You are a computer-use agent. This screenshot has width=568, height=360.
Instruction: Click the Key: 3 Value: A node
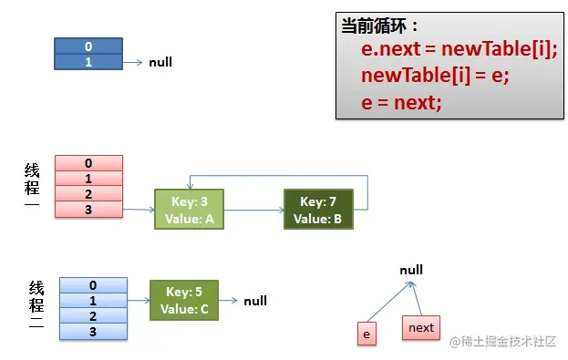coord(188,210)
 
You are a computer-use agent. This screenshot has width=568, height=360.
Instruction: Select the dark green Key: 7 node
coord(317,210)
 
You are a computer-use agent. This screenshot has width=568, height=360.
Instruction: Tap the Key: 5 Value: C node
coord(184,300)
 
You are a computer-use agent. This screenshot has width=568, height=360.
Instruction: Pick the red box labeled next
coord(421,327)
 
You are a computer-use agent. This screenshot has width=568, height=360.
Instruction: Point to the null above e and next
coord(411,271)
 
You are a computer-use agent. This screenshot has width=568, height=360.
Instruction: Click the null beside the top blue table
coord(160,62)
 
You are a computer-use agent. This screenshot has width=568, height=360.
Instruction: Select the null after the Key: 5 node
coord(255,300)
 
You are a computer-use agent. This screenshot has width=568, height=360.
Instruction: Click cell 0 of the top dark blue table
coord(88,46)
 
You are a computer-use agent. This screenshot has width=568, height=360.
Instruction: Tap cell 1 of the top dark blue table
coord(88,62)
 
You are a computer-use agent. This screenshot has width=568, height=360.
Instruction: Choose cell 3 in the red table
coord(88,211)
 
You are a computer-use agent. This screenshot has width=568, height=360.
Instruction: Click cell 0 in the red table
coord(88,163)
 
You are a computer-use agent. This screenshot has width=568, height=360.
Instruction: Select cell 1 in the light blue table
coord(93,301)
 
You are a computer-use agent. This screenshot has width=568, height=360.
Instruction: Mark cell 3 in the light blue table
coord(93,332)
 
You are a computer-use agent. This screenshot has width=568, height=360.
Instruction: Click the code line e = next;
coord(401,102)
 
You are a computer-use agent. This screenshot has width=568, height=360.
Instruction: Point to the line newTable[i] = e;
coord(435,75)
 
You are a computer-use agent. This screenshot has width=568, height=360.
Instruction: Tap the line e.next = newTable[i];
coord(459,48)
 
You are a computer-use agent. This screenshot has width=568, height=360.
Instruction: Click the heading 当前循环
coord(380,25)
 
